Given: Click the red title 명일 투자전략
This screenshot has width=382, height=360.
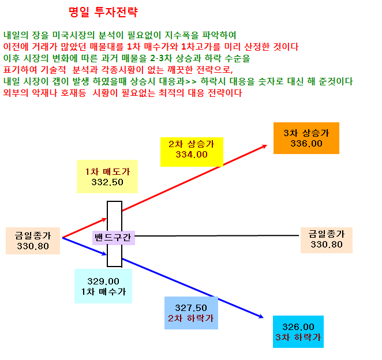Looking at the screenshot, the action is (103, 12).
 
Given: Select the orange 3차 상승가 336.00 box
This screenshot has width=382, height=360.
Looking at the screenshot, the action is (306, 138).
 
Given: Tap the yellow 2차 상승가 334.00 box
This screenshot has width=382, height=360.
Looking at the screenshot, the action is (192, 152).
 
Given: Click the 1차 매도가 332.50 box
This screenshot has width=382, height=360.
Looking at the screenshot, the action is (107, 177).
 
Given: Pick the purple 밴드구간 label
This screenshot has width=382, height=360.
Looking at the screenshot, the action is (114, 238).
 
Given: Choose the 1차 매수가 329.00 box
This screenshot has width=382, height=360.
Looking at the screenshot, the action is (103, 286).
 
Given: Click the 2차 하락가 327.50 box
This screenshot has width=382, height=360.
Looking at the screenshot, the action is (191, 313).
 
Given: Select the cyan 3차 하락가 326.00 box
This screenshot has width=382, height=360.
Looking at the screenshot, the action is (298, 332).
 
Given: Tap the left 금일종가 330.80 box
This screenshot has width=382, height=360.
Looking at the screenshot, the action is (33, 241).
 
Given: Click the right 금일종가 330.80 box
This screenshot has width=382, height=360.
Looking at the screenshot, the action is (327, 240).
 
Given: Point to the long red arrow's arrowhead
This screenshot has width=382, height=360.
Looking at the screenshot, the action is (265, 146).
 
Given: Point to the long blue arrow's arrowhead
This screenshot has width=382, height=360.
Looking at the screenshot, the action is (261, 316).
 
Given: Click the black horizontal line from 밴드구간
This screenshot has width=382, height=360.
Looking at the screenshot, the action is (217, 236).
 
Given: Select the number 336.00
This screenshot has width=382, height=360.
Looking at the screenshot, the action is (306, 144).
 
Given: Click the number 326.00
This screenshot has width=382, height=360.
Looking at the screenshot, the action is (298, 327).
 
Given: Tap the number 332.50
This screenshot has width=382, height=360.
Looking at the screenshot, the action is (107, 182).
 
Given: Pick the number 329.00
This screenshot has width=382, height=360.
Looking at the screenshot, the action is (103, 282).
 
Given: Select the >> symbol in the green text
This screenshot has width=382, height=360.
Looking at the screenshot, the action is (191, 81).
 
